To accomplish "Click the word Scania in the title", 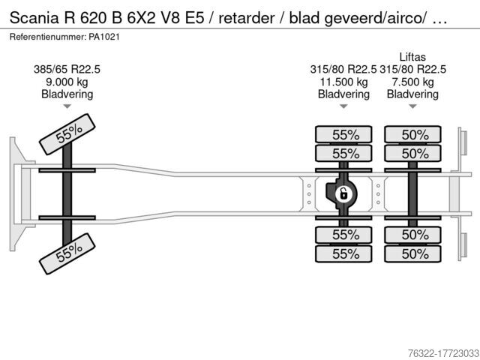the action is click(x=34, y=18).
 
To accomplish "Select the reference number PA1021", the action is click(x=104, y=37).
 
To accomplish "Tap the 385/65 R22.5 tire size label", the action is click(x=67, y=70).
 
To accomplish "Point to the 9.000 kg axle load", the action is click(x=67, y=82).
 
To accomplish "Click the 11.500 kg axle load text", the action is click(x=343, y=82).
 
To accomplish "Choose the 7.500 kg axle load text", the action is click(x=412, y=82).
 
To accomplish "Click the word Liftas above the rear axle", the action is click(x=412, y=57).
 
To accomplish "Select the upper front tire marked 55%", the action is click(x=67, y=134).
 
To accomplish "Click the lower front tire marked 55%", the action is click(x=67, y=253).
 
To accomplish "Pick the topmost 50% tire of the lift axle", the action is click(x=412, y=134).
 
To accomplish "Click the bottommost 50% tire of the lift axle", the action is click(x=412, y=253).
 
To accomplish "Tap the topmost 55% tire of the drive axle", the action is click(x=343, y=134).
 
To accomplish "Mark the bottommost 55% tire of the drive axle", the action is click(x=343, y=253).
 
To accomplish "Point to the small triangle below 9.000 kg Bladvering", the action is click(x=67, y=106).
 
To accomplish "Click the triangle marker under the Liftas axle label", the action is click(x=412, y=106).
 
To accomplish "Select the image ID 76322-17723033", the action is click(x=443, y=353).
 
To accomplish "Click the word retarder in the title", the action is click(x=247, y=18).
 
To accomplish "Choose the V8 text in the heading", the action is click(x=169, y=18).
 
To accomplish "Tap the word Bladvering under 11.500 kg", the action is click(x=343, y=94).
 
